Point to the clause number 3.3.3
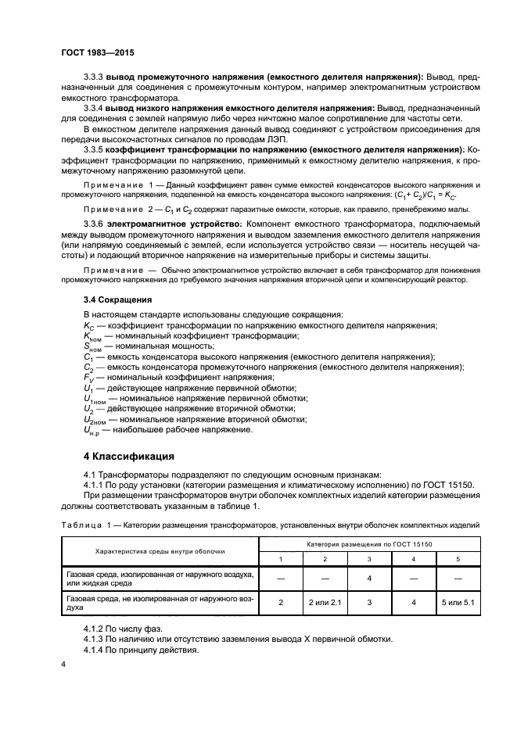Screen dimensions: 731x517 (95, 77)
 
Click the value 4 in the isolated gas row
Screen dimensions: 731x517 (368, 579)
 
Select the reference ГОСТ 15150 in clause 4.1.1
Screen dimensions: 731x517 (440, 485)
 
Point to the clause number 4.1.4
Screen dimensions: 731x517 (95, 650)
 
